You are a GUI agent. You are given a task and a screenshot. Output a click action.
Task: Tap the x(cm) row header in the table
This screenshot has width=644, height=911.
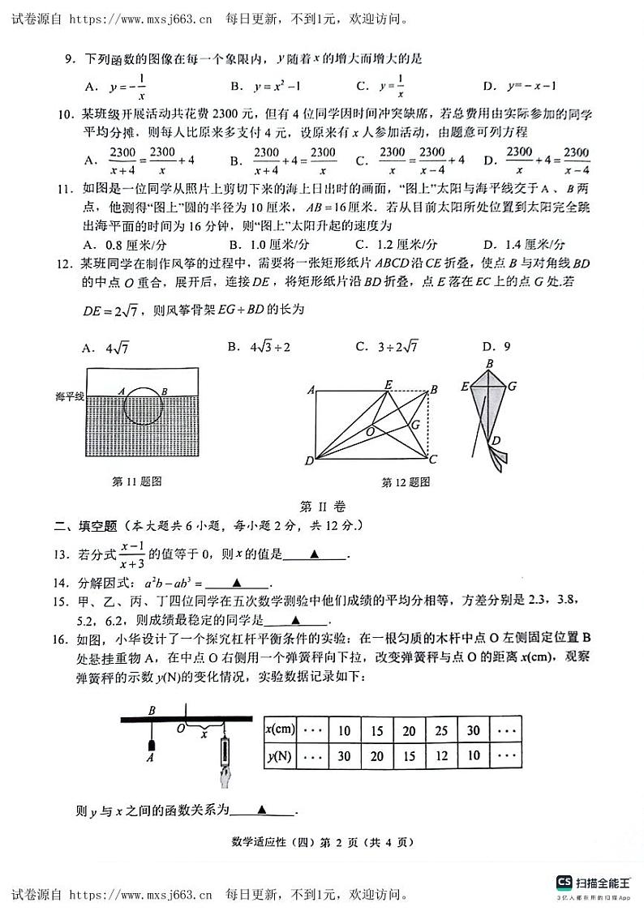click(280, 730)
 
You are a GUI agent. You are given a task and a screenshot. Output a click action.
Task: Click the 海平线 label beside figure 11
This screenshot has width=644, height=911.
click(70, 396)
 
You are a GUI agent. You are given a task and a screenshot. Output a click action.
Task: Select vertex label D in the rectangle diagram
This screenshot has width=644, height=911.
click(309, 461)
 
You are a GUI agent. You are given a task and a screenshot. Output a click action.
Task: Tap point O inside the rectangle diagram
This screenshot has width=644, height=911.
click(369, 430)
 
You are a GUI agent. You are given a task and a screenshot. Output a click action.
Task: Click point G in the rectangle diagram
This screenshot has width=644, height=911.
click(414, 424)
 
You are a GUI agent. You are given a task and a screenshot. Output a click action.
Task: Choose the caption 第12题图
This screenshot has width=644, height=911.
click(406, 482)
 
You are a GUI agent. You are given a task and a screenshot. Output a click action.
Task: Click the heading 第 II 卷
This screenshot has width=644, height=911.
click(323, 506)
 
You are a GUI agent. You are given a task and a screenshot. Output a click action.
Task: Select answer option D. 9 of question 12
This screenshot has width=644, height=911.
click(496, 347)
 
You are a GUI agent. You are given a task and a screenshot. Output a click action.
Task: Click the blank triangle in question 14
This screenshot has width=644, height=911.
click(237, 583)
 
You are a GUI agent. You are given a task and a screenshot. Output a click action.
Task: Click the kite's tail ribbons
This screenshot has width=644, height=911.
click(496, 454)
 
